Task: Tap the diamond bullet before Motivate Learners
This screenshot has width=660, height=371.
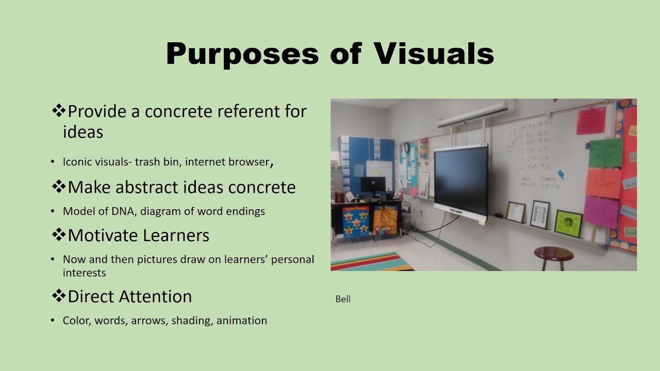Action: [x=58, y=234]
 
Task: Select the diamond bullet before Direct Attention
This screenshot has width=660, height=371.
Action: [x=58, y=296]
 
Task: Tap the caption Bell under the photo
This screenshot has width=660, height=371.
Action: [x=343, y=299]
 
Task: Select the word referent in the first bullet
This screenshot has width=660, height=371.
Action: [x=250, y=111]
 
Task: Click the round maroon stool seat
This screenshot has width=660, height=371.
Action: [x=553, y=253]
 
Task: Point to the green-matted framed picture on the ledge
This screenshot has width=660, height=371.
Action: [x=568, y=223]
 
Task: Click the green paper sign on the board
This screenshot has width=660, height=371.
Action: [x=605, y=152]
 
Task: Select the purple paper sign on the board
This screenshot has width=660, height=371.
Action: [x=601, y=211]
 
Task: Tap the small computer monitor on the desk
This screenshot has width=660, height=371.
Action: [x=372, y=184]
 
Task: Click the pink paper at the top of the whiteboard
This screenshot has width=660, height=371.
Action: [x=591, y=120]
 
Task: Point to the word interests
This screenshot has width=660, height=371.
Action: [x=84, y=273]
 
